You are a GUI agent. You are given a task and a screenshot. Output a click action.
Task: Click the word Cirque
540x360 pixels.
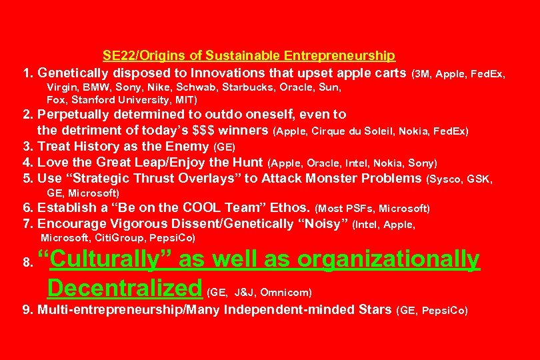[327, 131]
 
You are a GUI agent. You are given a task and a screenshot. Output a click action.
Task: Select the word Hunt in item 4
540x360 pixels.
[247, 163]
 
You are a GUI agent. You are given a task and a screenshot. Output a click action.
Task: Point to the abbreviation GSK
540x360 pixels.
[479, 179]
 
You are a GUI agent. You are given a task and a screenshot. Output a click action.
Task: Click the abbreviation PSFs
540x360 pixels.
[361, 209]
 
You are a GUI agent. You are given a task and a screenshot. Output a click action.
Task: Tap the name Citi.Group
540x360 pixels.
[121, 238]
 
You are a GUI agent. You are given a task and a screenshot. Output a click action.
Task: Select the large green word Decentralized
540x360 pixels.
[125, 289]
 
